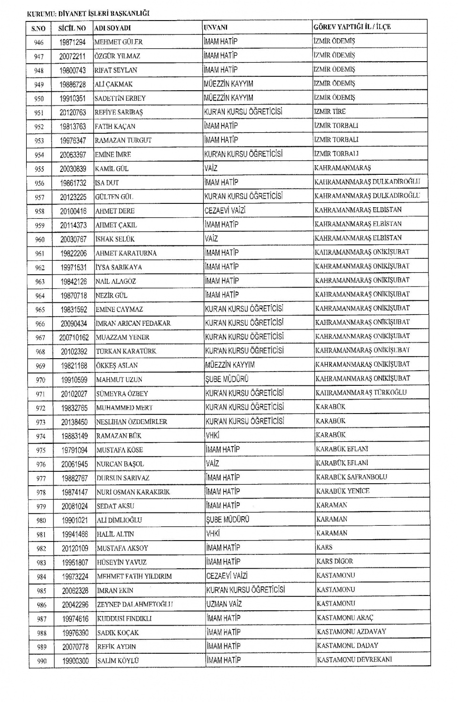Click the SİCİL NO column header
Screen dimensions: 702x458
pos(72,28)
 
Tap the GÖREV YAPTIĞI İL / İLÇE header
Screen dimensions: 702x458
pos(352,27)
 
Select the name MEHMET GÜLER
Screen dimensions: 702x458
pos(118,42)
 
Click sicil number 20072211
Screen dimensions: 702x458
pos(73,56)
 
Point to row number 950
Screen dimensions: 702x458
pos(39,99)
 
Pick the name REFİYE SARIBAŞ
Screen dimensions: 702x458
pos(119,112)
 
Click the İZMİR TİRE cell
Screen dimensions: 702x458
pos(330,111)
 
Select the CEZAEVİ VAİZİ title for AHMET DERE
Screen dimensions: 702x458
pos(225,210)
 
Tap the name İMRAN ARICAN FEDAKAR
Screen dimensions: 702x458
pos(133,323)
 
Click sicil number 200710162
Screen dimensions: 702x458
pos(74,338)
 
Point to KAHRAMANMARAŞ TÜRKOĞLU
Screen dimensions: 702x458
pos(361,393)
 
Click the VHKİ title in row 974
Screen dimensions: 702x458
pos(212,435)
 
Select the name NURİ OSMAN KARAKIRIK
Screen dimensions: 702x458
pos(133,492)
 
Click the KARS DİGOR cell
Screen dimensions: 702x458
pos(334,561)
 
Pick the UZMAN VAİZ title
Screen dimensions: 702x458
pos(224,604)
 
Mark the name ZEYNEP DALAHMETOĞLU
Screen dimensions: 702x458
pos(135,605)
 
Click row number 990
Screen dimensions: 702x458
pos(41,661)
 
